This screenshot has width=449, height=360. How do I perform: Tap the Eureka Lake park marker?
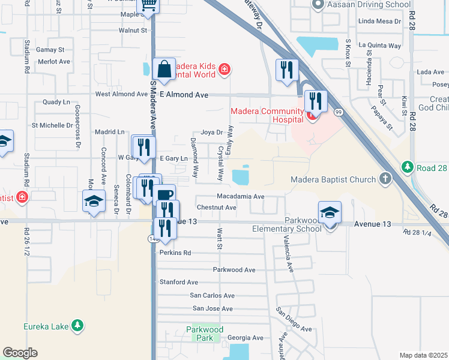pos(77,326)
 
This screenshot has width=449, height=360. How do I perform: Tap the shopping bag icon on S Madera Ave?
pos(164,68)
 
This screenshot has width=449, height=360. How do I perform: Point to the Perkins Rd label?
pos(175,253)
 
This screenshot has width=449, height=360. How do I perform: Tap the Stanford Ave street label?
pos(178,282)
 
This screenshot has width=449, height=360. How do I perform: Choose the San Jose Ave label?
pos(212,308)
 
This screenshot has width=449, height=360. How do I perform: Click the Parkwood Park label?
pos(205,334)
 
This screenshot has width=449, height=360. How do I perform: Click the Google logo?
pos(20,353)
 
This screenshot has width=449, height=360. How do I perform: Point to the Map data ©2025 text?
pos(423,355)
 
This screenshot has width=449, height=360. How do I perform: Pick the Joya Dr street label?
pos(212,132)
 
